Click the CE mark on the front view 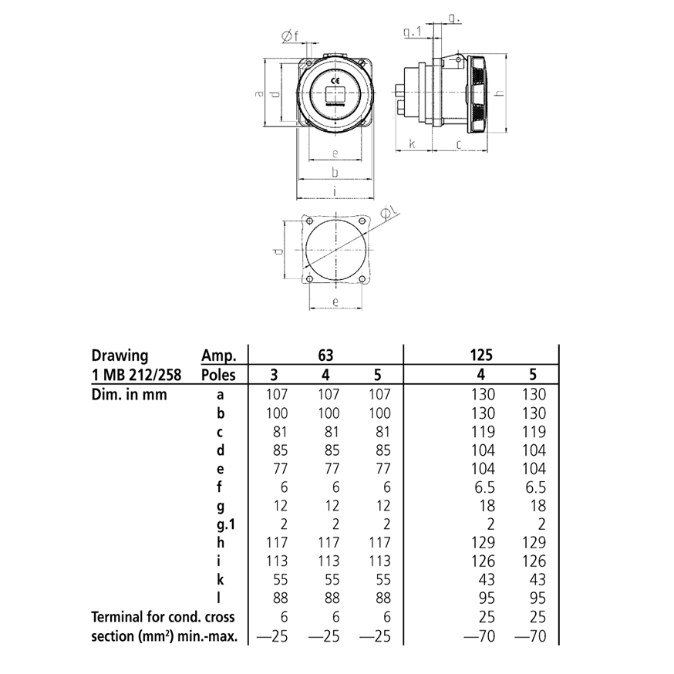[335, 80]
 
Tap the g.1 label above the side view [413, 32]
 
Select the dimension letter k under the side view [412, 144]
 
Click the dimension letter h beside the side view [500, 93]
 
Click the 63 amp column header [325, 356]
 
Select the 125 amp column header [480, 356]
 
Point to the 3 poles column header [275, 375]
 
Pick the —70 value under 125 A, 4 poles [479, 636]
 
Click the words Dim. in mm [129, 394]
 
